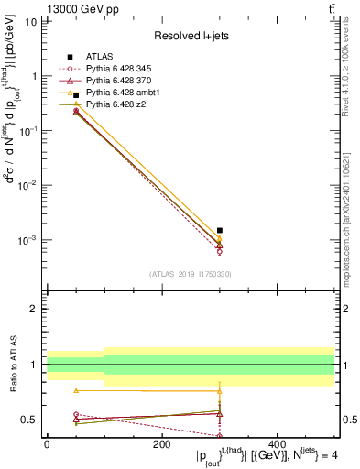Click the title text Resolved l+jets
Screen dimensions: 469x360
coord(191,36)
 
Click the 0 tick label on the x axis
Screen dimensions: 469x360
coord(47,443)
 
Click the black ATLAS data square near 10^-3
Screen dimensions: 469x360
coord(220,231)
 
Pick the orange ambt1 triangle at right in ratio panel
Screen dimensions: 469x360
coord(220,390)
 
